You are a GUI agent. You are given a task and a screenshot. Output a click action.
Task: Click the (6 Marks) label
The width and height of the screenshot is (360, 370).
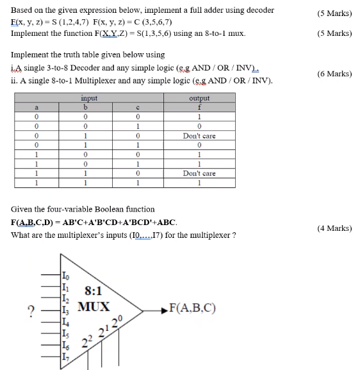(x=334, y=74)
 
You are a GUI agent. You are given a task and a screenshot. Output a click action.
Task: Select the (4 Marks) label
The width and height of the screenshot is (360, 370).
(x=334, y=228)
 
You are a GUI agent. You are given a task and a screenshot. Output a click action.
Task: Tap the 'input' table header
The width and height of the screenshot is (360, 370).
(x=89, y=97)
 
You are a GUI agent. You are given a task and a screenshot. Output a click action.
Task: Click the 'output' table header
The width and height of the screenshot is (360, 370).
(x=199, y=97)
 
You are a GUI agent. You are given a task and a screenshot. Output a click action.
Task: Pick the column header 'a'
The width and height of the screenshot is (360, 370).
(x=38, y=107)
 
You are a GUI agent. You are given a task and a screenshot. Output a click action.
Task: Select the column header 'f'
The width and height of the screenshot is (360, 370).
(x=199, y=107)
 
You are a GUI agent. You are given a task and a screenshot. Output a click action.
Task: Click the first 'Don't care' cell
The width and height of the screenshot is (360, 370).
(x=199, y=136)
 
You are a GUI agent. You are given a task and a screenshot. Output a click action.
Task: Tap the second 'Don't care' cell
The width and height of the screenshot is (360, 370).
(x=199, y=173)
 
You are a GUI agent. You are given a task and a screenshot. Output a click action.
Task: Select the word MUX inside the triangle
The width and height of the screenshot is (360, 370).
(x=94, y=306)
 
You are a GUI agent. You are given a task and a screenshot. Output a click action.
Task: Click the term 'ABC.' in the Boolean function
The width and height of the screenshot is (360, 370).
(x=165, y=222)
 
